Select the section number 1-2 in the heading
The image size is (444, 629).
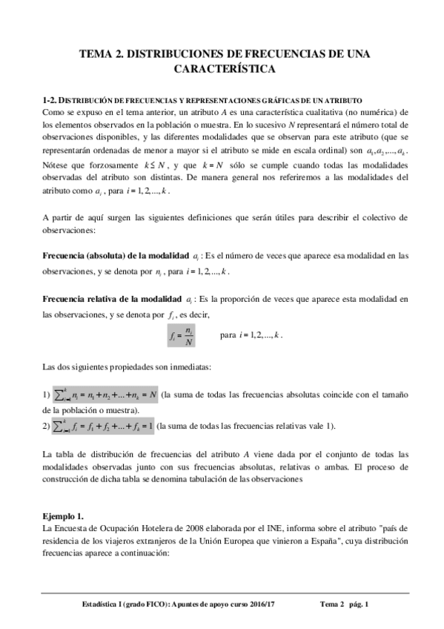point(51,99)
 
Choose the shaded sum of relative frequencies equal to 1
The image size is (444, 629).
point(103,426)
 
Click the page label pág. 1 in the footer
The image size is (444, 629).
point(359,605)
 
